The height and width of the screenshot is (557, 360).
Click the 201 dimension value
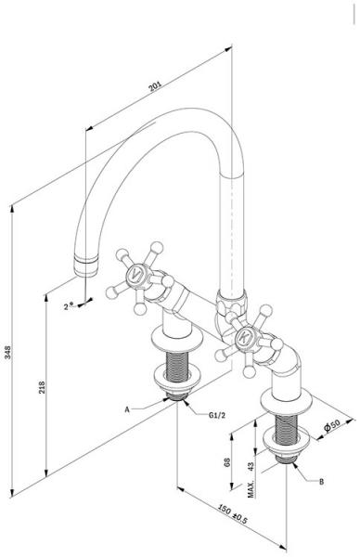pos(155,86)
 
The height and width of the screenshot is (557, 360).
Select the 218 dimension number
pos(42,387)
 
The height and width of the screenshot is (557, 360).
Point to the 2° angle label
pos(68,306)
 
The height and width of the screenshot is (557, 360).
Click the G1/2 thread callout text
pos(217,415)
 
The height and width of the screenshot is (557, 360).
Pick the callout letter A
pos(127,409)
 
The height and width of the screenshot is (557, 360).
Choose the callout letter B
pos(321,482)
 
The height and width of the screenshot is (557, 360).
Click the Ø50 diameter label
pos(332,425)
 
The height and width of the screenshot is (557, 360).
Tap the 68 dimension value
pos(227,461)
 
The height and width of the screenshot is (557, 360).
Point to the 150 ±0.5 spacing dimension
pos(232,514)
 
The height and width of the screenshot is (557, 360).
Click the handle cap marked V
pos(135,274)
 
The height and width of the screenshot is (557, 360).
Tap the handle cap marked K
pos(245,338)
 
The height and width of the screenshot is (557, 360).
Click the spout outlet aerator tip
pos(86,266)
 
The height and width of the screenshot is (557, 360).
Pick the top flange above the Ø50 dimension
pos(286,401)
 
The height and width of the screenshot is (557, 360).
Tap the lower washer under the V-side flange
pos(177,380)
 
